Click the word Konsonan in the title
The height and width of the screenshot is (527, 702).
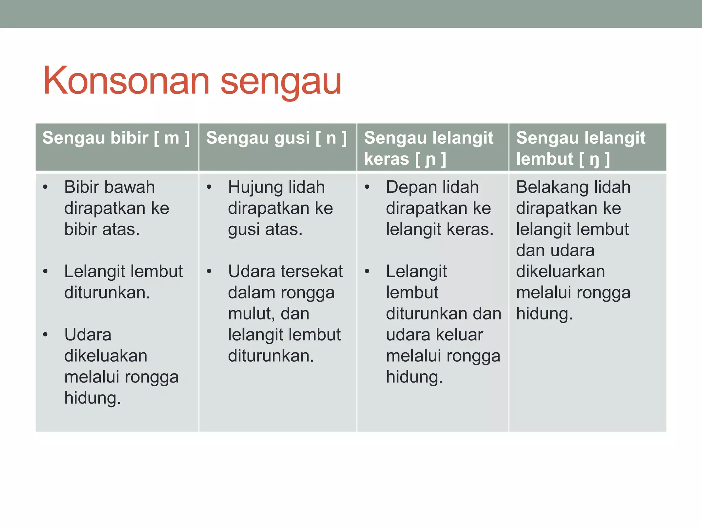tap(126, 81)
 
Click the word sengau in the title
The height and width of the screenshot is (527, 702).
tap(281, 82)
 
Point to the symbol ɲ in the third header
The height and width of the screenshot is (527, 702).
tap(430, 160)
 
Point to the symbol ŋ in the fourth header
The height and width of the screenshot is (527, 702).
tap(594, 160)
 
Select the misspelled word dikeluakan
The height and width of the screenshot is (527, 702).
tap(106, 356)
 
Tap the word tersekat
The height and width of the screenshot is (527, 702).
tap(311, 271)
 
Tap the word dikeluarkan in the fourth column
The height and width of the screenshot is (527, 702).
tap(560, 271)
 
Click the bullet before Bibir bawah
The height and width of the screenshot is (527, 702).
tap(45, 187)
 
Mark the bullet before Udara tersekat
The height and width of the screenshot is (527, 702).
tap(209, 272)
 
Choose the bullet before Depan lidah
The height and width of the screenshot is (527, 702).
tap(367, 187)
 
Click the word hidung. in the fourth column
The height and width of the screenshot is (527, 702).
tap(544, 314)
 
